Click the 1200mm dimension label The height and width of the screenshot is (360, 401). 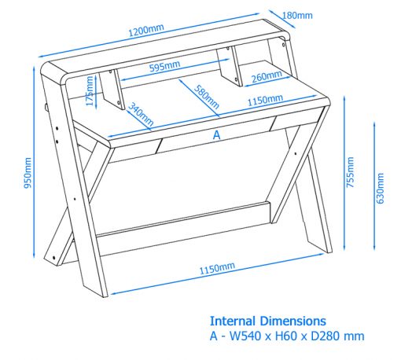point(146,30)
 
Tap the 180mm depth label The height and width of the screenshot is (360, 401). point(297,16)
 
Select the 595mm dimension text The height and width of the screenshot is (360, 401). point(164,66)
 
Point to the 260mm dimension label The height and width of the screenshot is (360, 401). point(267,76)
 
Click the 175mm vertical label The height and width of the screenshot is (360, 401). point(90,90)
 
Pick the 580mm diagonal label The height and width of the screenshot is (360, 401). point(207,97)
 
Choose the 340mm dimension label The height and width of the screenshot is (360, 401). point(141,114)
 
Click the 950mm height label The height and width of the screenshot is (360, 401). point(28,173)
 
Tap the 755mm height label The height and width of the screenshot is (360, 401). point(350,172)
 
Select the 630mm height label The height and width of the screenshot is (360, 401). point(380,188)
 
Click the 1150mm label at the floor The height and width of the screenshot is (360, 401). point(217,268)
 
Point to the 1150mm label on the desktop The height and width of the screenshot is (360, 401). point(265,100)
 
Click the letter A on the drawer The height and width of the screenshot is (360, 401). point(216,135)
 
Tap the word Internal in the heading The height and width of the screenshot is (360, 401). point(233,321)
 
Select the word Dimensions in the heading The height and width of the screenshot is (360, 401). point(293,321)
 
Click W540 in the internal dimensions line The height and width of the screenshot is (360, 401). point(245,336)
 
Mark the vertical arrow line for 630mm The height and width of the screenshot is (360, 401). point(374,186)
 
